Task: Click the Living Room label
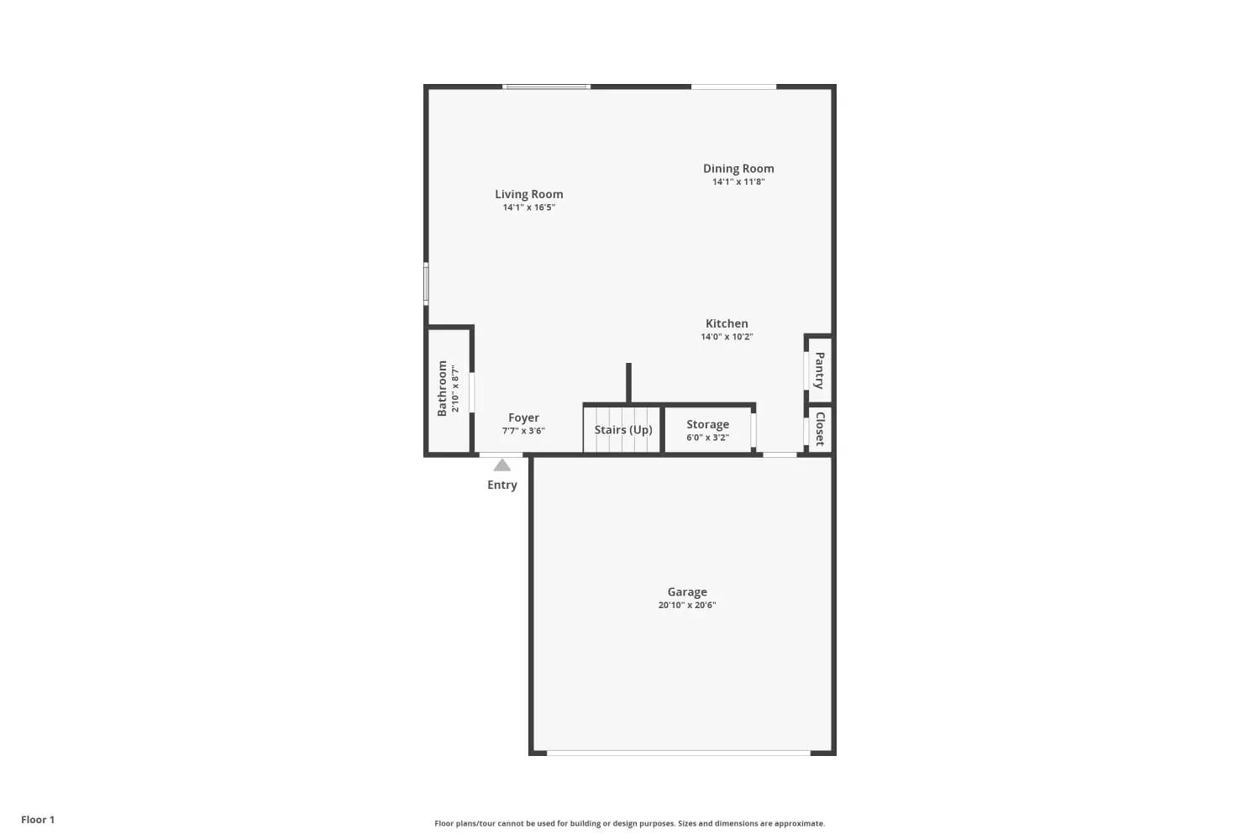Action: pos(528,194)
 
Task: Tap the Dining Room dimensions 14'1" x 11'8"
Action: pos(738,181)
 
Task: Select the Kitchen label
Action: pos(727,323)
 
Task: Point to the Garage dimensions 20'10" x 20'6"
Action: pos(687,606)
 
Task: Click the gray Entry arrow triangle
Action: pos(501,465)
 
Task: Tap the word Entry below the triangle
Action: pos(501,485)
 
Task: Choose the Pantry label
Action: pos(820,370)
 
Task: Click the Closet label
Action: pos(820,428)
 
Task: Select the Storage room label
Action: pos(707,424)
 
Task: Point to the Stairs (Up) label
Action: pos(623,430)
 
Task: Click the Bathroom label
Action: pos(442,388)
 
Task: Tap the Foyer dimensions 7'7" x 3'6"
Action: pos(523,431)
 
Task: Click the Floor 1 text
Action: pos(38,820)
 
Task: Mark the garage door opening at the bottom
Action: pos(679,753)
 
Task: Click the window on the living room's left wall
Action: pos(426,284)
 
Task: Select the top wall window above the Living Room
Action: pos(546,87)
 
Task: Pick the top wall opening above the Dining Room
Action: pos(733,87)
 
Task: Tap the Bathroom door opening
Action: pos(471,392)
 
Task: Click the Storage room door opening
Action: pos(753,430)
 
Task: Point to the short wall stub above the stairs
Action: pos(628,383)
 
